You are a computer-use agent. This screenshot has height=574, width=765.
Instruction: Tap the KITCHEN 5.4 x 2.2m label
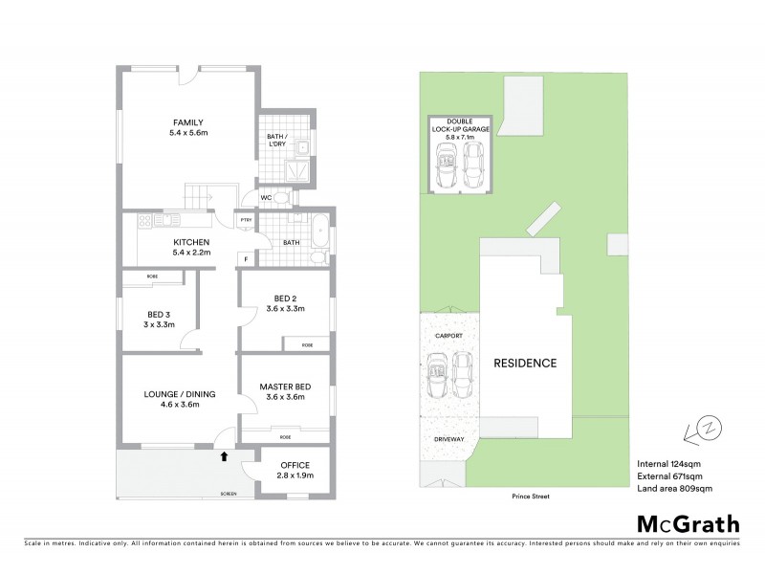(x=191, y=247)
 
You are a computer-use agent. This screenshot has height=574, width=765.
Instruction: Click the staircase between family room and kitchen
(x=199, y=197)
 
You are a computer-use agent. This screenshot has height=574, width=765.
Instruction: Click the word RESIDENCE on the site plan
(x=524, y=364)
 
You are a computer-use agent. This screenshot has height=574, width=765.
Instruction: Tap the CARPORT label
(x=449, y=337)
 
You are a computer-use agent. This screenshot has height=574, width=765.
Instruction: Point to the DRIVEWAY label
(x=449, y=439)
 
